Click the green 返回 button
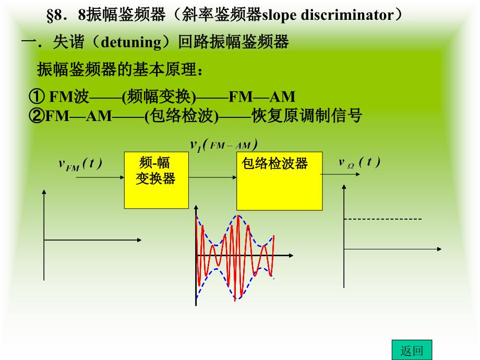coord(412,350)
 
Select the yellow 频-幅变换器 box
coord(156,180)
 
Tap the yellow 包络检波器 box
coord(279,181)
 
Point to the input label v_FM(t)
coord(80,164)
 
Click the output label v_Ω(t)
coord(359,162)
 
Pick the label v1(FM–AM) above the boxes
coord(224,145)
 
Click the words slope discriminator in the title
coord(328,15)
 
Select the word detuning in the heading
coord(131,42)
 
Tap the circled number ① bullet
coord(37,96)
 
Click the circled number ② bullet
coord(37,116)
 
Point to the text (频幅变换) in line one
coord(159,97)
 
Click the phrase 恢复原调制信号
coord(307,115)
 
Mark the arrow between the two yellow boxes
coord(212,177)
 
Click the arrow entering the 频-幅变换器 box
coord(100,177)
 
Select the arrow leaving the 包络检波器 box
coord(340,174)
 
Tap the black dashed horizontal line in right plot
coord(382,219)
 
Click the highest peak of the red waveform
coord(238,216)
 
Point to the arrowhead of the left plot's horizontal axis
coord(139,240)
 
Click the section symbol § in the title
coord(50,15)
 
